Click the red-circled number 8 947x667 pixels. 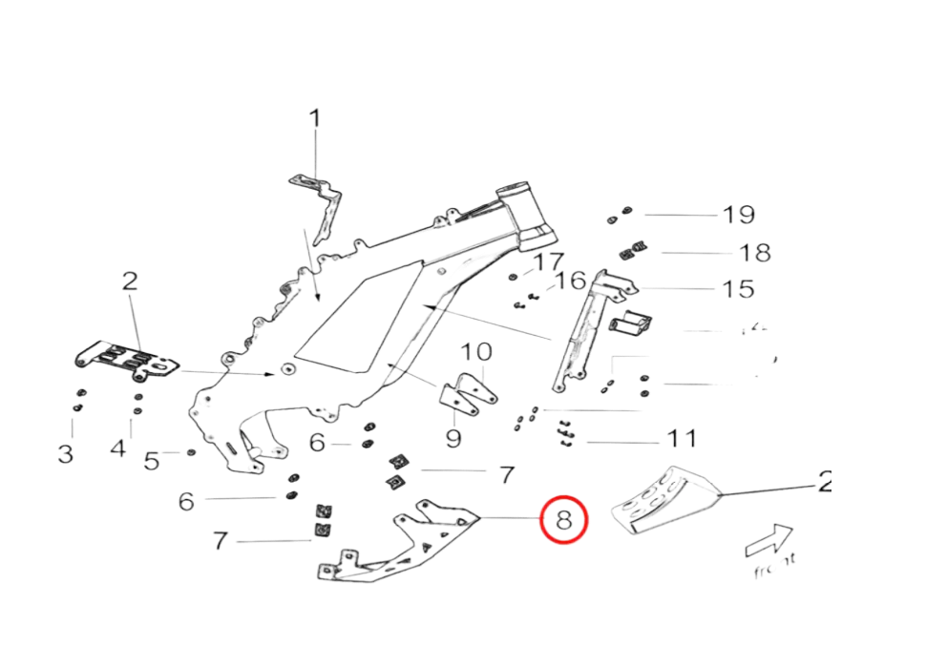563,520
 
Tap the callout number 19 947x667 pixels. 739,215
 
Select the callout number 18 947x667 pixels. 754,253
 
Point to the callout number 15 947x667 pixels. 739,288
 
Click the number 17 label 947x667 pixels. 550,261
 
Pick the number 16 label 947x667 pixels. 571,281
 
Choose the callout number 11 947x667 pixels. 682,440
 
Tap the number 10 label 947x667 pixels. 479,352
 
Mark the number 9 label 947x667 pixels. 453,438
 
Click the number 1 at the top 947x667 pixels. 314,120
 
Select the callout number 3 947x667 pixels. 65,452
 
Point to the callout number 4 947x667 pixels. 118,447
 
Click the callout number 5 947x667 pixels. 152,462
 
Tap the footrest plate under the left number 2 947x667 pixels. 124,361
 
